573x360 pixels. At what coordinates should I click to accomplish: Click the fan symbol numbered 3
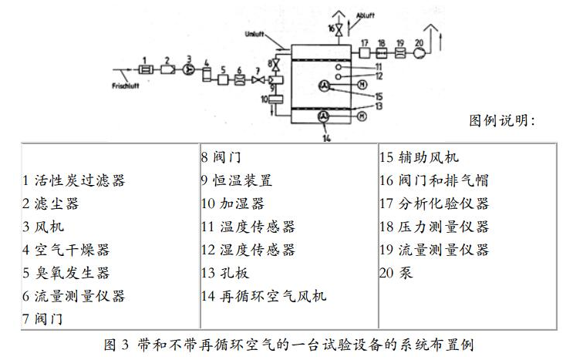pos(187,67)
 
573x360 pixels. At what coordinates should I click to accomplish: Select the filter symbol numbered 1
pos(143,68)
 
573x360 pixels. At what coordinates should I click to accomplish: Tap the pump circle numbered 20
pos(420,54)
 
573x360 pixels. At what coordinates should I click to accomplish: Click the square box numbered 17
pos(365,54)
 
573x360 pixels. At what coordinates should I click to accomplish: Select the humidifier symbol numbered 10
pos(274,99)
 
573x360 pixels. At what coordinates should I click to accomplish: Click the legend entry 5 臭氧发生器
pos(66,272)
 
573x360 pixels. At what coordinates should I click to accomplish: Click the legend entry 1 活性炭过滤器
pos(73,180)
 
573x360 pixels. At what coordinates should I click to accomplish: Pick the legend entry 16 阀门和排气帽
pos(433,180)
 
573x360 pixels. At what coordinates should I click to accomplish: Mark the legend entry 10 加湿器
pos(232,204)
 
